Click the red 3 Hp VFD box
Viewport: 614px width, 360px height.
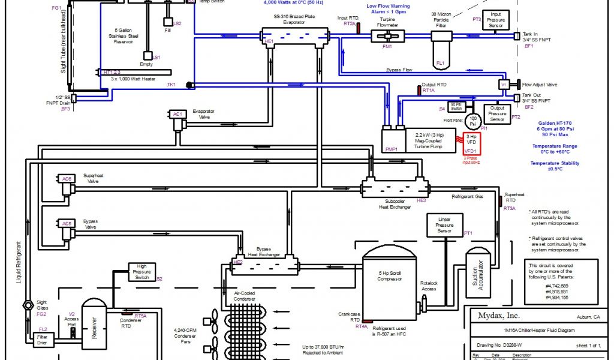pyautogui.click(x=471, y=143)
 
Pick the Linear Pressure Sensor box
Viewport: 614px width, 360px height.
pyautogui.click(x=445, y=225)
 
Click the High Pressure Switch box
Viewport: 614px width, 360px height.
pyautogui.click(x=142, y=272)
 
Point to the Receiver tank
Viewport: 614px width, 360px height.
pyautogui.click(x=94, y=324)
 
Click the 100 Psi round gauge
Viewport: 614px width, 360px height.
pyautogui.click(x=473, y=122)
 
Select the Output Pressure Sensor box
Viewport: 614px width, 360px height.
pyautogui.click(x=496, y=113)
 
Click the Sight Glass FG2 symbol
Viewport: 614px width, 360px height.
pyautogui.click(x=28, y=305)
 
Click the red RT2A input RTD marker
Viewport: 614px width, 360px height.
pyautogui.click(x=358, y=28)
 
